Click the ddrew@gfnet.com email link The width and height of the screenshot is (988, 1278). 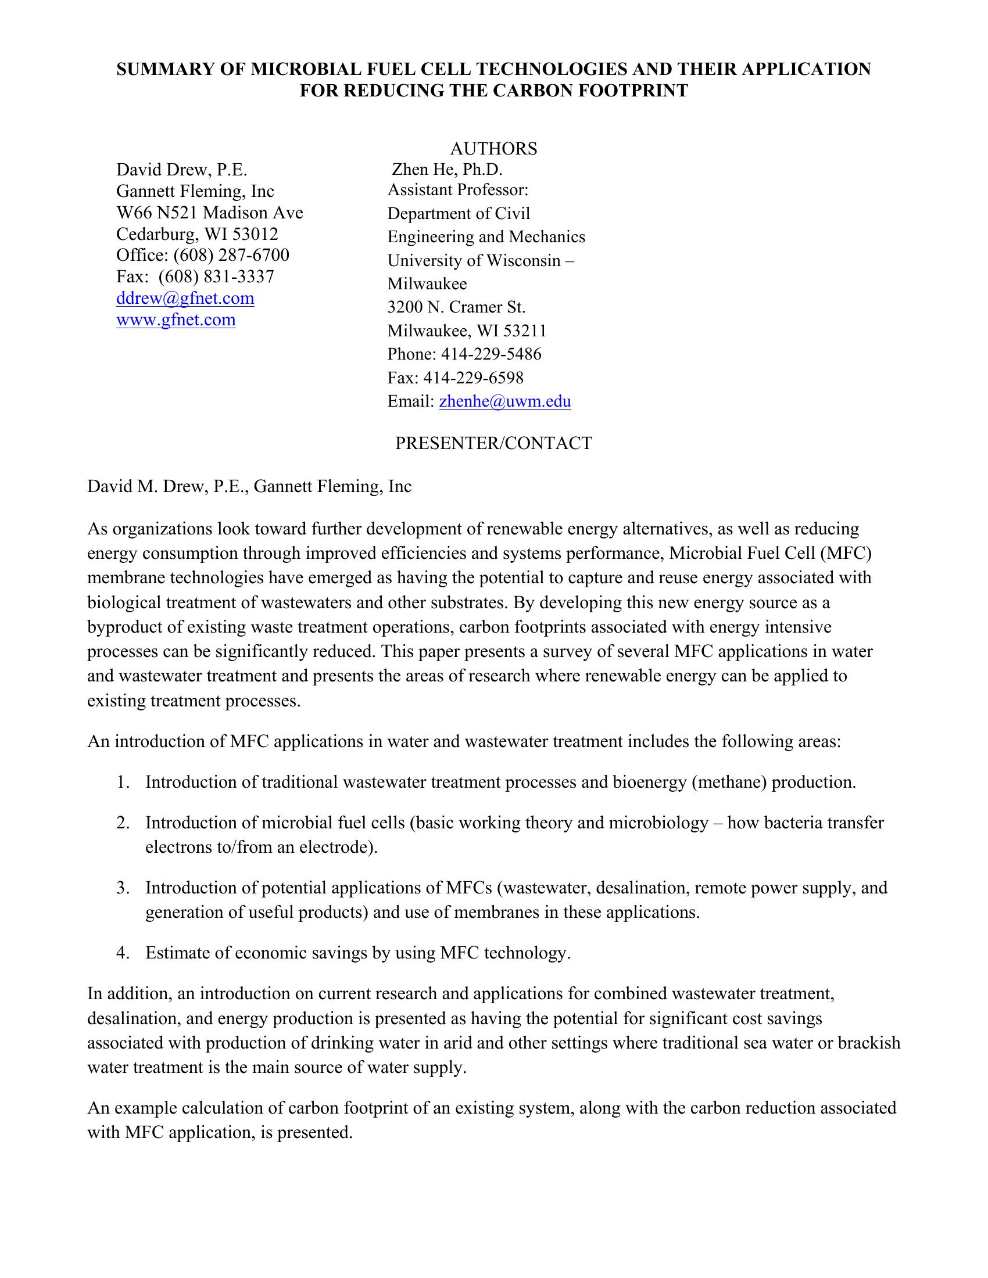pyautogui.click(x=185, y=299)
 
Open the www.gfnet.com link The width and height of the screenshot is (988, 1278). pyautogui.click(x=176, y=320)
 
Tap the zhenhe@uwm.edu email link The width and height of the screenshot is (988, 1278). pyautogui.click(x=504, y=401)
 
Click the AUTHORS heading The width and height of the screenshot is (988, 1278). pyautogui.click(x=493, y=149)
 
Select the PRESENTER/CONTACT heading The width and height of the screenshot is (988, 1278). pyautogui.click(x=493, y=443)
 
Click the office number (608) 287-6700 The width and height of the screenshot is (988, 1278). pyautogui.click(x=231, y=255)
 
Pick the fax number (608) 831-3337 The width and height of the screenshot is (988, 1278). pyautogui.click(x=216, y=277)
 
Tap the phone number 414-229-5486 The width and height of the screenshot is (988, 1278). pyautogui.click(x=491, y=354)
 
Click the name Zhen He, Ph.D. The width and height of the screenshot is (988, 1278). pyautogui.click(x=447, y=170)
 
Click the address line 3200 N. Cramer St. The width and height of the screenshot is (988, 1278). pyautogui.click(x=457, y=307)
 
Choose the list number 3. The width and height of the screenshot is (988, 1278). pyautogui.click(x=122, y=888)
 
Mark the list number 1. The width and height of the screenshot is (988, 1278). pyautogui.click(x=122, y=782)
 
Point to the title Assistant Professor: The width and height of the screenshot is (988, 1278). pyautogui.click(x=458, y=190)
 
